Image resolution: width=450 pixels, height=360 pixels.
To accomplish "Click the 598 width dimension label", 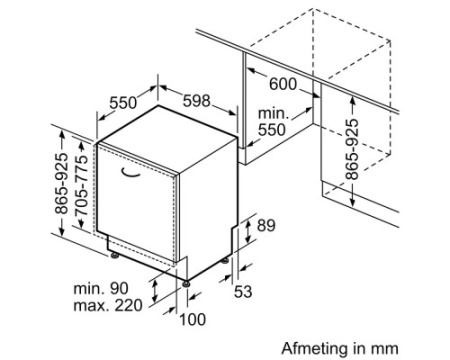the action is (197, 101).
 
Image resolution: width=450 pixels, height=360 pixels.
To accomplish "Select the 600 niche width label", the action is (283, 84).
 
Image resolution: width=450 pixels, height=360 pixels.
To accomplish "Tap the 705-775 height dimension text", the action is (81, 184).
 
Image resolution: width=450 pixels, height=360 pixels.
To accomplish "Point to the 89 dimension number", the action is (266, 226).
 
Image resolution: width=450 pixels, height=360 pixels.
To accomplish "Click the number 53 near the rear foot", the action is (243, 291).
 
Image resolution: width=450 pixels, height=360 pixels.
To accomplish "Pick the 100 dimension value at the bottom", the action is (193, 319).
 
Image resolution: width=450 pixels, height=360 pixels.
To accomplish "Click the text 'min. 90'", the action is (101, 288).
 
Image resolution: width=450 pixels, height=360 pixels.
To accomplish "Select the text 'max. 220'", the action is (108, 305).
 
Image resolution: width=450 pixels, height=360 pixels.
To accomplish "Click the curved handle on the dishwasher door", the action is (131, 172).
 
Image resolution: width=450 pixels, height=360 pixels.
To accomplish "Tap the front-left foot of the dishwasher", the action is (115, 256).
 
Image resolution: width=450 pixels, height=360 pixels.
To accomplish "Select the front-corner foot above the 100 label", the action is (186, 284).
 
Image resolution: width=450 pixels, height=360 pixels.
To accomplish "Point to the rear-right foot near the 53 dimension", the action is (225, 260).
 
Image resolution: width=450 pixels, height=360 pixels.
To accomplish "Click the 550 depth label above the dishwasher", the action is (123, 103).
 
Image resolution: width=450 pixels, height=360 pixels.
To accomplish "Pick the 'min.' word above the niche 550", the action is (273, 114).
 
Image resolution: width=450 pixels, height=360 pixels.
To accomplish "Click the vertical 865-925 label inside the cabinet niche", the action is (352, 149).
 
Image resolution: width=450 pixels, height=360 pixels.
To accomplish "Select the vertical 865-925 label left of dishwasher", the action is (61, 183).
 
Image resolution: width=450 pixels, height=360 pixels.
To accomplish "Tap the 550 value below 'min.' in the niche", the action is (272, 130).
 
